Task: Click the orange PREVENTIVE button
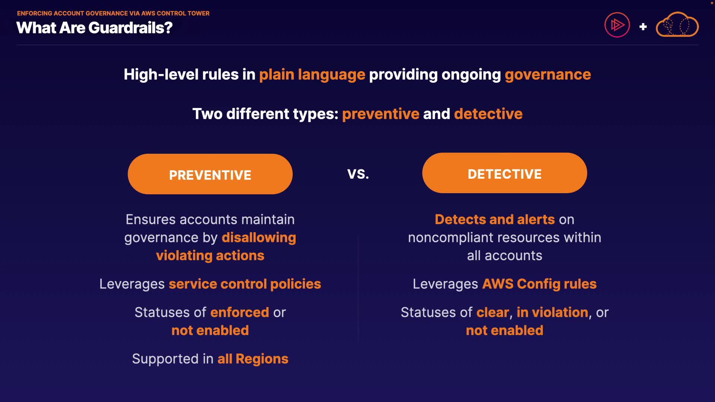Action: [210, 174]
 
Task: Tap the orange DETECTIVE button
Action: [505, 173]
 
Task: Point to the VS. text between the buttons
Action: [358, 174]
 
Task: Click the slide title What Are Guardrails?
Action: [94, 28]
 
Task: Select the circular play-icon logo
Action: [617, 25]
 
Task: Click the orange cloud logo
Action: [677, 25]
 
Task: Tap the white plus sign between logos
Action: [643, 27]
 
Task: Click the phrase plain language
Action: [312, 74]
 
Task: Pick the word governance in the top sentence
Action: [548, 75]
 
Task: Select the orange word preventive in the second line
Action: [381, 114]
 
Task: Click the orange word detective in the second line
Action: [488, 114]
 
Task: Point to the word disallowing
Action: [259, 237]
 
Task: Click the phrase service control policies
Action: [245, 284]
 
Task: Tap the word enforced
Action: [239, 312]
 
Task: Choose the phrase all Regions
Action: [253, 359]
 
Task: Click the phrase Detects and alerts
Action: [495, 220]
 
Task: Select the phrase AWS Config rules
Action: [539, 284]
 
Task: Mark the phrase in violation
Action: [552, 312]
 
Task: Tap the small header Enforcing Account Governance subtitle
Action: [113, 13]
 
